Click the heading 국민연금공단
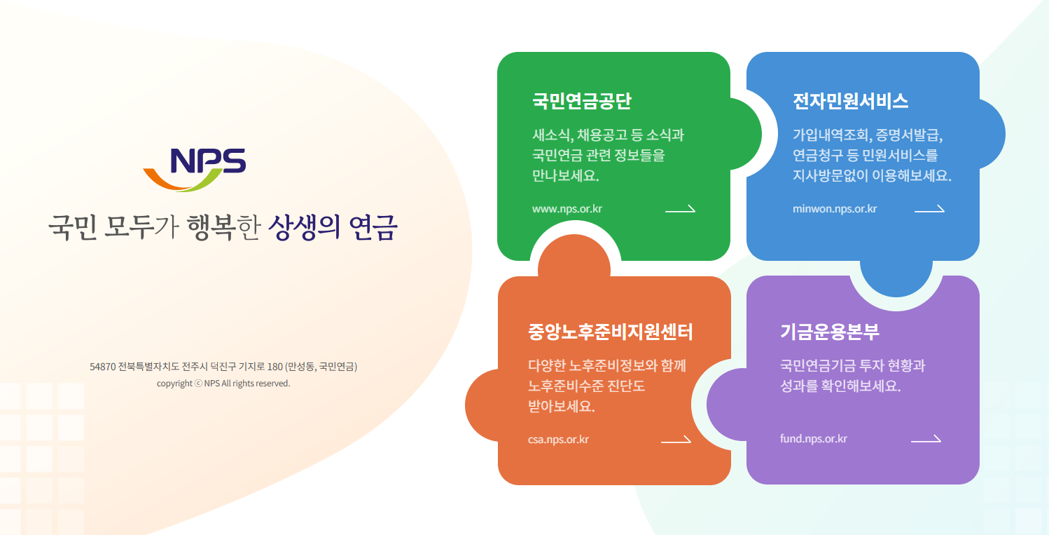[x=581, y=101]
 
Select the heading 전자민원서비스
[x=850, y=101]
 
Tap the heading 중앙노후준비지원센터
[x=611, y=332]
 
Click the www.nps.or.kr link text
[x=567, y=208]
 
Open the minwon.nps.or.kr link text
[x=835, y=208]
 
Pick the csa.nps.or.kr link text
[x=558, y=440]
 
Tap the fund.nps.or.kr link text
[x=814, y=439]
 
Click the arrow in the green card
[x=680, y=208]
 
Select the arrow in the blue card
[x=929, y=208]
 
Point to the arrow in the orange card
[x=676, y=440]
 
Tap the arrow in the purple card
[x=926, y=440]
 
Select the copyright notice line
[x=223, y=384]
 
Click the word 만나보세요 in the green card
[x=566, y=175]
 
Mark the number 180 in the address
[x=275, y=367]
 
